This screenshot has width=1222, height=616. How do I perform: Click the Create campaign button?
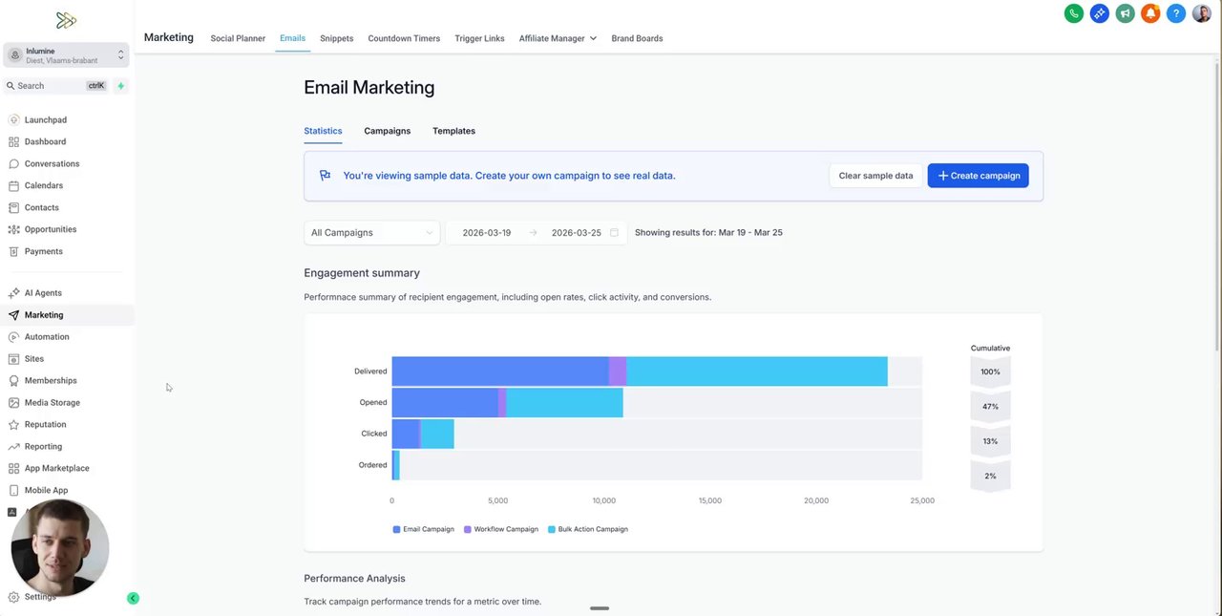(x=978, y=176)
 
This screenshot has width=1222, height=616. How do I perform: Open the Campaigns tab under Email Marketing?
(x=387, y=131)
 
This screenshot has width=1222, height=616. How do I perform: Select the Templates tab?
(x=453, y=131)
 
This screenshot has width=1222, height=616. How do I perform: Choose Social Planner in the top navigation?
(x=238, y=38)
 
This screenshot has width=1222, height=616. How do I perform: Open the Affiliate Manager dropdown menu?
(x=558, y=38)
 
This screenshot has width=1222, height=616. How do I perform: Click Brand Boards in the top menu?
(x=637, y=38)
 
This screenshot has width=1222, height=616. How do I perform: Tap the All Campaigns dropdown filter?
(x=371, y=233)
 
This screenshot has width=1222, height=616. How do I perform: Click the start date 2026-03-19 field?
(x=486, y=233)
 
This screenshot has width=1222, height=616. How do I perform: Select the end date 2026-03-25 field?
(x=576, y=233)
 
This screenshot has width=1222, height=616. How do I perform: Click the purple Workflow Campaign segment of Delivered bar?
(x=618, y=372)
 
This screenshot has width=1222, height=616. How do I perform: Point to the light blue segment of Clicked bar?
(x=437, y=434)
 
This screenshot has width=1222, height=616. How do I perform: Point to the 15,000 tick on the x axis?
(x=709, y=500)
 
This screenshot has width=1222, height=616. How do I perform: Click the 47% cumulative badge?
(x=990, y=407)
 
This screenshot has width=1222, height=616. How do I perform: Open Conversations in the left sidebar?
(x=52, y=164)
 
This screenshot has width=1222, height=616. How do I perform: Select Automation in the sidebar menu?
(x=47, y=337)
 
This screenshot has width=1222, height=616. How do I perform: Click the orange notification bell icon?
(x=1150, y=13)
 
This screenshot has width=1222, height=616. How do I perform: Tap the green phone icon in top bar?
(x=1074, y=13)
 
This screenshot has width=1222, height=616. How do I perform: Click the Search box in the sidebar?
(x=53, y=86)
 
